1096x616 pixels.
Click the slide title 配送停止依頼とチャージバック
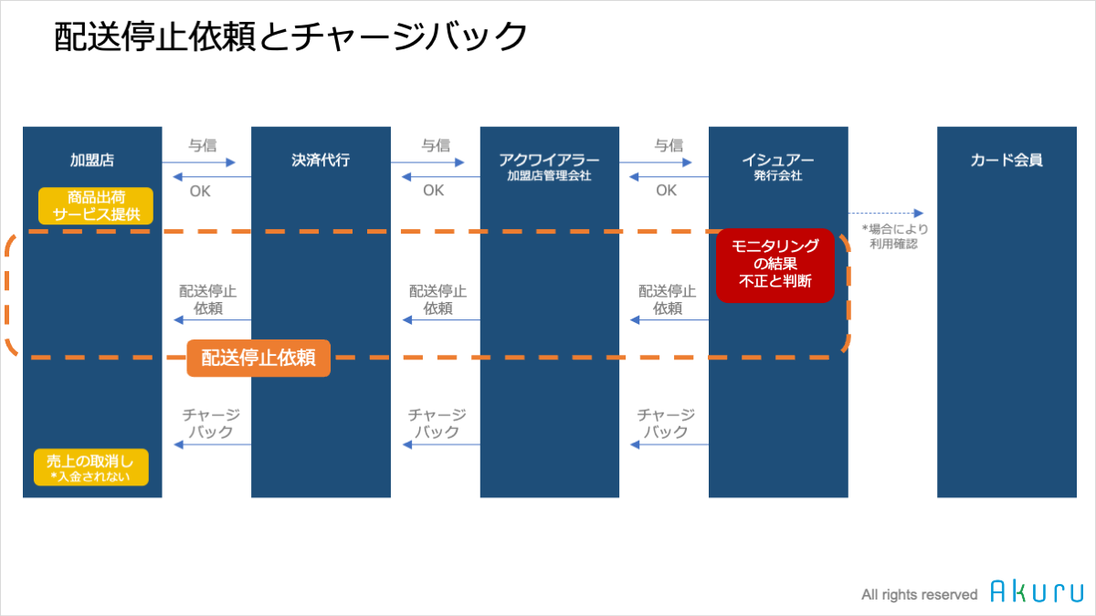(x=290, y=37)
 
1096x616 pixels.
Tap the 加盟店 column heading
(x=92, y=160)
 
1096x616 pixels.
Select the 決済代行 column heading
(x=321, y=160)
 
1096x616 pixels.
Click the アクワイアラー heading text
(x=549, y=160)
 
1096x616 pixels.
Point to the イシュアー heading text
(x=778, y=160)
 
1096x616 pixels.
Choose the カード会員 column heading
(x=1006, y=160)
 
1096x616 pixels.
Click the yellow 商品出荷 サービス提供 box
(x=96, y=206)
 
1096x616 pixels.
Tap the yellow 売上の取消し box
(x=91, y=467)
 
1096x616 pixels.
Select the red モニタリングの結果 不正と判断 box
(x=775, y=266)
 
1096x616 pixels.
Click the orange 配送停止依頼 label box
(x=258, y=358)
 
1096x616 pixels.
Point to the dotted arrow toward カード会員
(x=886, y=214)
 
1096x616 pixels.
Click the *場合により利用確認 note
(x=894, y=236)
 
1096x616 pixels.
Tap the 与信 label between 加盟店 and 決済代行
(x=203, y=145)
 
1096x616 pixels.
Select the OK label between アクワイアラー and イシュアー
(x=667, y=190)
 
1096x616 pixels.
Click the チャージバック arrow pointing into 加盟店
(x=212, y=444)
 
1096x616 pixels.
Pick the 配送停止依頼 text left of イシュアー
(x=667, y=299)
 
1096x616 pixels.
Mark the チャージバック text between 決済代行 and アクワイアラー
(x=437, y=423)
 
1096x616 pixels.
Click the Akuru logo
(x=1037, y=591)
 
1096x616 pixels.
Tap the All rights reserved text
(x=920, y=594)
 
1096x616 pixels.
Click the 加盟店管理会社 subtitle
(x=549, y=175)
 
